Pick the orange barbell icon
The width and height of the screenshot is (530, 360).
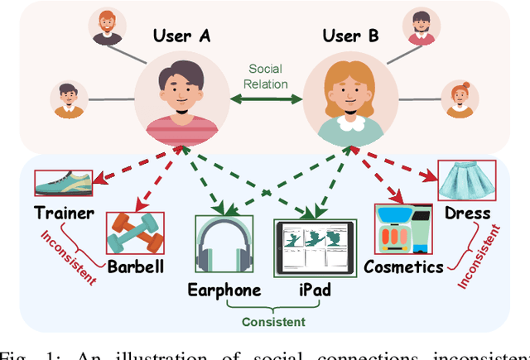[x=136, y=233]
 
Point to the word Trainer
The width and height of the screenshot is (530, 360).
[x=63, y=214]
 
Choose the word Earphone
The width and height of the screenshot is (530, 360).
[x=224, y=290]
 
